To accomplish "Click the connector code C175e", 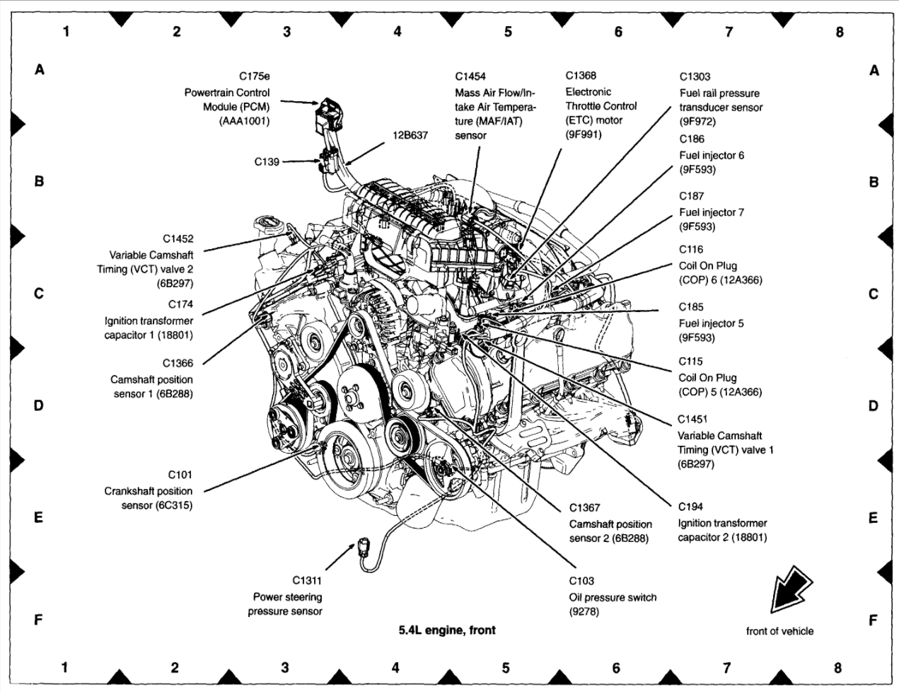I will pyautogui.click(x=255, y=76).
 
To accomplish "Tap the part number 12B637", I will pyautogui.click(x=410, y=135).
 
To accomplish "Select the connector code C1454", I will pyautogui.click(x=470, y=76).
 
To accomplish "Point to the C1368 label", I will pyautogui.click(x=581, y=76).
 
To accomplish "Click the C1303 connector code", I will pyautogui.click(x=695, y=76).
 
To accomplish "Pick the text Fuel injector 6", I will pyautogui.click(x=712, y=155).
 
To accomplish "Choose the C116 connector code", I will pyautogui.click(x=691, y=249).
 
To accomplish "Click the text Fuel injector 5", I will pyautogui.click(x=711, y=323).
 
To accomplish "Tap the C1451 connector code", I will pyautogui.click(x=693, y=419).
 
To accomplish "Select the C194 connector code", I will pyautogui.click(x=690, y=507).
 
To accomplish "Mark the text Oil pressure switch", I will pyautogui.click(x=613, y=597).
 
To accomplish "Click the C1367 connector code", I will pyautogui.click(x=584, y=507).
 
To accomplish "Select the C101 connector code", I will pyautogui.click(x=180, y=475).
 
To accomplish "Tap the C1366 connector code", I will pyautogui.click(x=178, y=363).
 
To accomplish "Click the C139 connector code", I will pyautogui.click(x=267, y=161).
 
